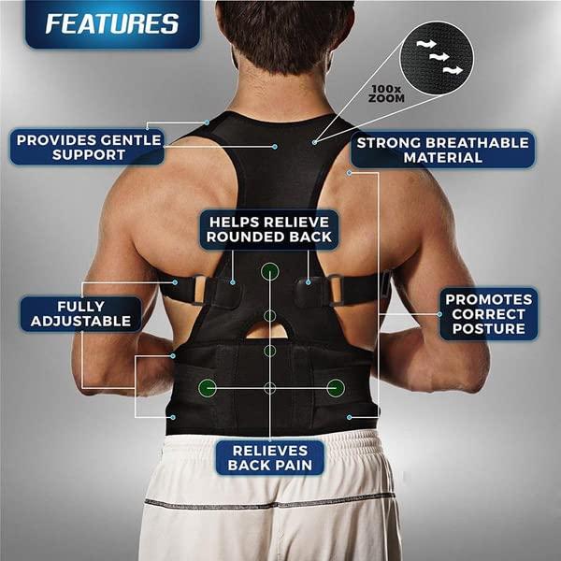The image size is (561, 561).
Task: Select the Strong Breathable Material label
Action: coord(441,150)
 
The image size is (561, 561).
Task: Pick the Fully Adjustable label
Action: coord(81,313)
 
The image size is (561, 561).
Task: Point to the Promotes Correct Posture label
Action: coord(489,313)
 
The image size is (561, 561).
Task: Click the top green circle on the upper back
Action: coord(270,272)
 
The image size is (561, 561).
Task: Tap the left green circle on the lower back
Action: coord(206,386)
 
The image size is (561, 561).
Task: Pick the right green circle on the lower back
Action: coord(335,386)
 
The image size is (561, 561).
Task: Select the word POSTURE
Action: coord(489,329)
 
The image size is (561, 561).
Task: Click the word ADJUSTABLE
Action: coord(81,322)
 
